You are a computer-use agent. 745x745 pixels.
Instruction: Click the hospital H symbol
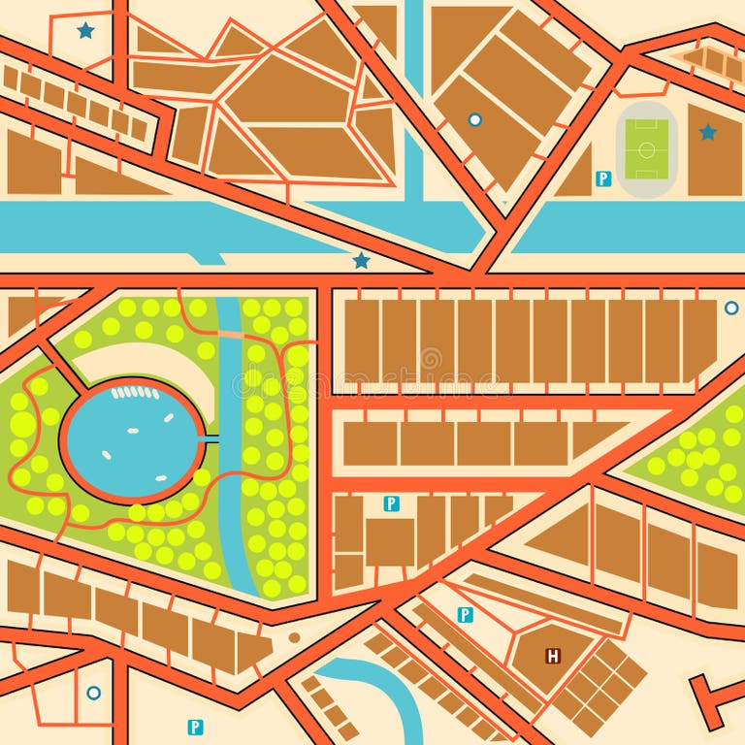click(x=553, y=657)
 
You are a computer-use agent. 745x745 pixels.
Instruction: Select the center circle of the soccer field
click(x=647, y=149)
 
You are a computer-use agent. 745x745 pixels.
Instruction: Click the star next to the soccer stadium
click(x=708, y=132)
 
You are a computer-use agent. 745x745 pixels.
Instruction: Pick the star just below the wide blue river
click(x=362, y=260)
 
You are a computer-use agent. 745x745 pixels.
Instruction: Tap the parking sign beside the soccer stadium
click(x=602, y=178)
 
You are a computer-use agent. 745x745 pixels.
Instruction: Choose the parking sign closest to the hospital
click(x=465, y=614)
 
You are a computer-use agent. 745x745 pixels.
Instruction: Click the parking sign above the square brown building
click(x=391, y=503)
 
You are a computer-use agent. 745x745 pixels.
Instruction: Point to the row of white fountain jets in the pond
click(x=135, y=393)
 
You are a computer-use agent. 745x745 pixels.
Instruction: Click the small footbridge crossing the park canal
click(x=230, y=334)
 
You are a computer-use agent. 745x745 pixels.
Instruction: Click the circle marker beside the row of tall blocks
click(x=730, y=308)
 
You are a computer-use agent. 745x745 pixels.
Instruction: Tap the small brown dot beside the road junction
click(x=294, y=638)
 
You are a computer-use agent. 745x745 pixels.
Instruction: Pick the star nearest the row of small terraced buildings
click(x=86, y=30)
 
